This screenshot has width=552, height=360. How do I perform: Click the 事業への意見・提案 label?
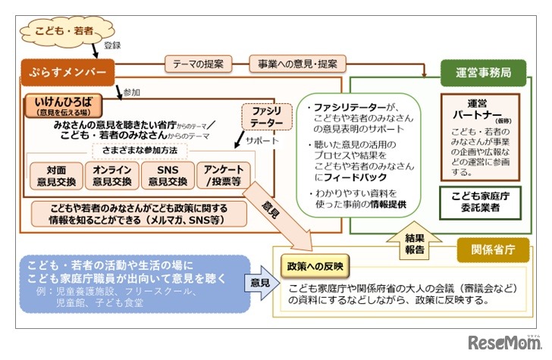pyautogui.click(x=297, y=64)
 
